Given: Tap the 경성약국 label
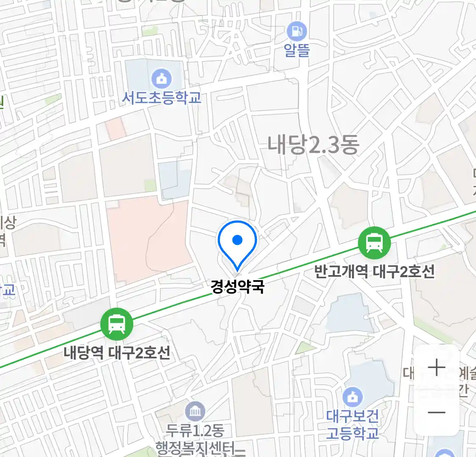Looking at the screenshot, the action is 237,287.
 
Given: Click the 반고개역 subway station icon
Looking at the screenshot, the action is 374,243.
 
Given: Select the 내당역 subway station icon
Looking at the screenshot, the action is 117,325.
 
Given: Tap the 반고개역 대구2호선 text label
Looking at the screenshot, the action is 374,271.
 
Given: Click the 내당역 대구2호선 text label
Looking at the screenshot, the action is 117,352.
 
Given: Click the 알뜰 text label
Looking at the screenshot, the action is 297,50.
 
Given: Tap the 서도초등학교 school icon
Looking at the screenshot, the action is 162,78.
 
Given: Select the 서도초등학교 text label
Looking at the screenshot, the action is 162,98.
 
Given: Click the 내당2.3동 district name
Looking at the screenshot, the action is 313,145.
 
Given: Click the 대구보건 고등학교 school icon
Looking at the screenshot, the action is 352,397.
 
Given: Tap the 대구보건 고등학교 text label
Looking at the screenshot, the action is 352,425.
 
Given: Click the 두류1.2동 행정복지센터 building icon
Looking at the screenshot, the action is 195,411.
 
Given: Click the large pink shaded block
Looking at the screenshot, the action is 146,241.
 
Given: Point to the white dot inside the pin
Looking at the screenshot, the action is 237,240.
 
